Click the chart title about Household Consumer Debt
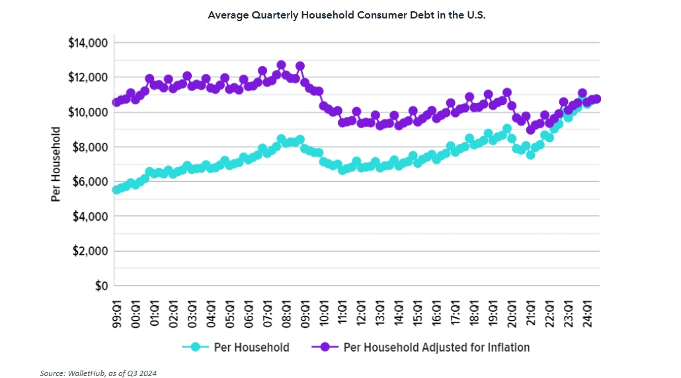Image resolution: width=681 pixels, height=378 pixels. coord(346,15)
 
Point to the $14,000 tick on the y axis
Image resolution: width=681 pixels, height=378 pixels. coord(88,43)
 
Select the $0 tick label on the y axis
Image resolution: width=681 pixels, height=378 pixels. coord(100,285)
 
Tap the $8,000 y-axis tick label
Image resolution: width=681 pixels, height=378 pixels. coord(91,147)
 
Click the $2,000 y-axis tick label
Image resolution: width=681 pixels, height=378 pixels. coord(91,251)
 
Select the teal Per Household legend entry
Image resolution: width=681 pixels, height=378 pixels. coord(237,347)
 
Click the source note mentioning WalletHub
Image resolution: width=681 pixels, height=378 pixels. coord(99,373)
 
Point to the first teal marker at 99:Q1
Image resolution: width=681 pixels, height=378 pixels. coord(117,190)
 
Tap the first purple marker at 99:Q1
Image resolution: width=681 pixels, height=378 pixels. coord(117,102)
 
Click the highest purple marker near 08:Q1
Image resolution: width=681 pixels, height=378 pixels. coord(281,65)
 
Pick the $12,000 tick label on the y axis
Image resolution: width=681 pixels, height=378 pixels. coord(88,77)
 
